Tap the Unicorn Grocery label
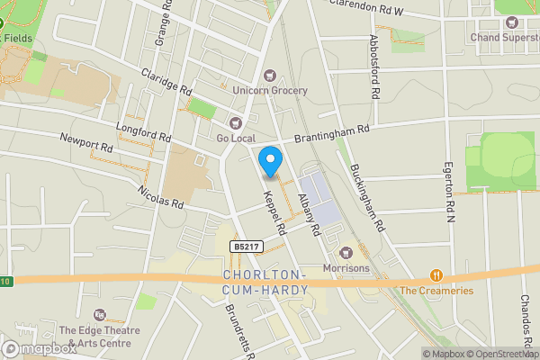tap(269, 90)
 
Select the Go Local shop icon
tap(237, 122)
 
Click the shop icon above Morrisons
tap(346, 253)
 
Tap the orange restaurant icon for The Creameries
tap(436, 275)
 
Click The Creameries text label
tap(436, 291)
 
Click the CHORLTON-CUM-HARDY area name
tap(265, 281)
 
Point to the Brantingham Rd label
tap(333, 134)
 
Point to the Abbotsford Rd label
tap(373, 68)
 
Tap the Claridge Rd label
tap(166, 84)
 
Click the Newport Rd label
tap(85, 142)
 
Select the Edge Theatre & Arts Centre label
tap(100, 336)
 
